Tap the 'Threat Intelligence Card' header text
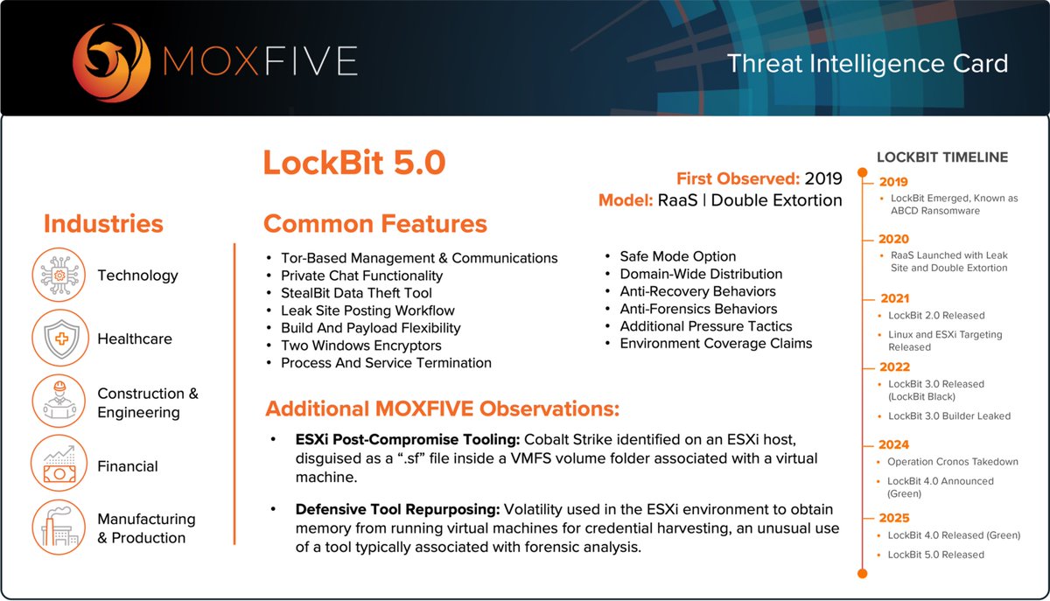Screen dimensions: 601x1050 [867, 64]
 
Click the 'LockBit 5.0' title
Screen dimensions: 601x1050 [354, 164]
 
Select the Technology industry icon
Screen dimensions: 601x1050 [59, 276]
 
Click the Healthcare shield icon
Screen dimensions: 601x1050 [59, 339]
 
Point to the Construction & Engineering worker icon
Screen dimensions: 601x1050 [59, 402]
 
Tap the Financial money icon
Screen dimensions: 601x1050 [59, 465]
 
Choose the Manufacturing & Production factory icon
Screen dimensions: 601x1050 [59, 528]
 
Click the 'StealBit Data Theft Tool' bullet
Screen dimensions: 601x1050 [356, 293]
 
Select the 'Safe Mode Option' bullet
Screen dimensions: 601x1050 [677, 256]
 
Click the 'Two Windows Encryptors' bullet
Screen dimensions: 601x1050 [360, 346]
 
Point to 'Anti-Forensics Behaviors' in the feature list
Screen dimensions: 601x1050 [698, 308]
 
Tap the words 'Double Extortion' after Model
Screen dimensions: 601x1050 [777, 200]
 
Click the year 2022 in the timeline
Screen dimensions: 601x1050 [893, 367]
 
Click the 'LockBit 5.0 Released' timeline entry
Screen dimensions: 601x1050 [935, 555]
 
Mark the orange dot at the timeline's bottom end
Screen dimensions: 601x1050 [862, 574]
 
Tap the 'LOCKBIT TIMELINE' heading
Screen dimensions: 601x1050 [941, 157]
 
